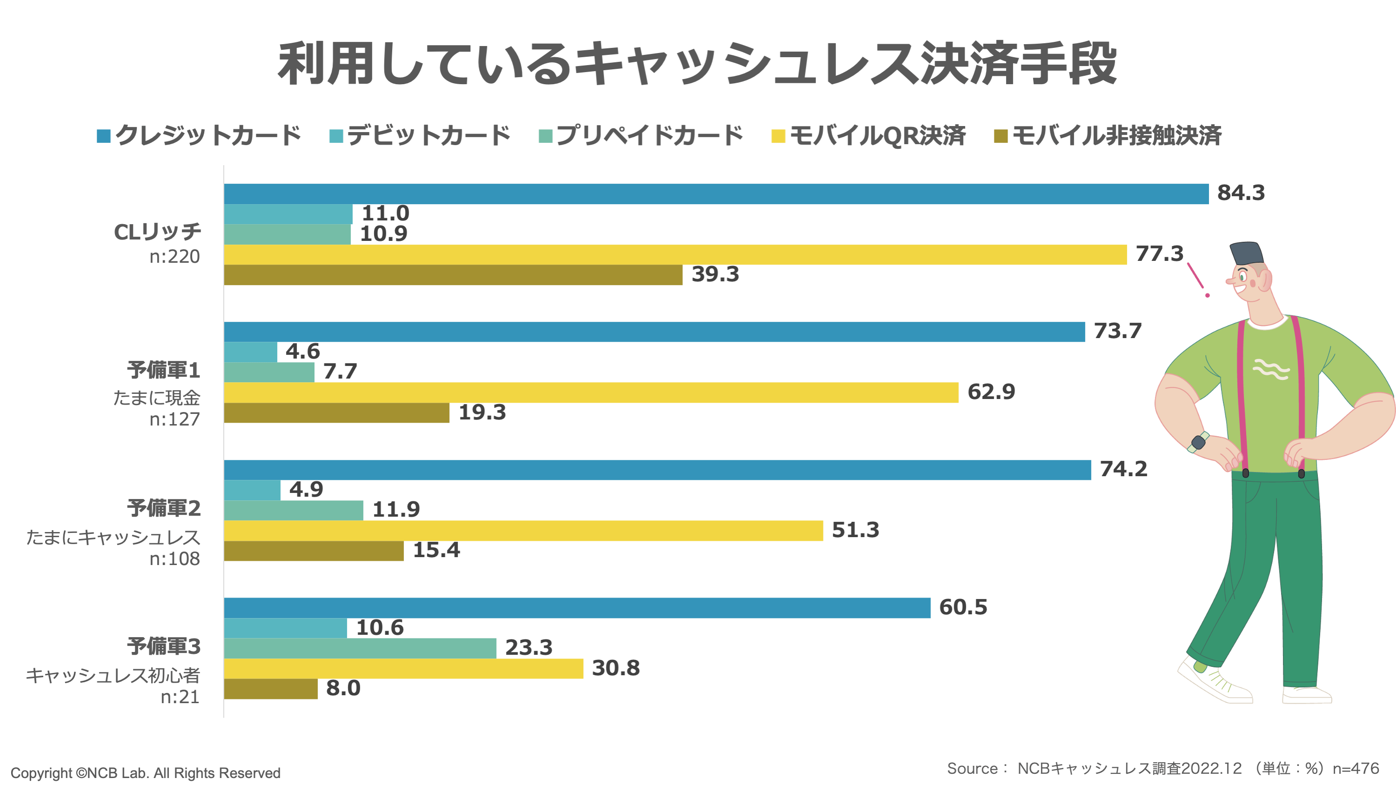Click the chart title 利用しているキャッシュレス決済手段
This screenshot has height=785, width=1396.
pos(697,64)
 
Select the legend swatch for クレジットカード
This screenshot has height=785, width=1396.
pos(104,136)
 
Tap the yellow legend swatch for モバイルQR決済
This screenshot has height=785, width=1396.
pos(778,136)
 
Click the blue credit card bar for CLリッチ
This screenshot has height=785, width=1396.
pos(715,194)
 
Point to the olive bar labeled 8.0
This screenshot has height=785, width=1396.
pos(270,689)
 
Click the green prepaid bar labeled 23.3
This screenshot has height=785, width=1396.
pos(360,648)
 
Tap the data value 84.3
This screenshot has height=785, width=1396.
pos(1241,193)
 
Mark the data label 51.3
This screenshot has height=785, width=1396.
pos(855,530)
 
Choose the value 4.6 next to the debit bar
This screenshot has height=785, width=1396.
pos(302,352)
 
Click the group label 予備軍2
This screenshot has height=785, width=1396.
pos(164,508)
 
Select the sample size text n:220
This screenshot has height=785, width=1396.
pos(174,256)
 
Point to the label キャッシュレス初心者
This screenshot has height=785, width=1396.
pos(113,676)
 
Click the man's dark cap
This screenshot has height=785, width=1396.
pos(1246,253)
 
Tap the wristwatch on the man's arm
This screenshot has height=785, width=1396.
pos(1198,442)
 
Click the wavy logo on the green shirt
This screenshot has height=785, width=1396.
pos(1270,369)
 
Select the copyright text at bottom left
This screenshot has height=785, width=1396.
pos(145,772)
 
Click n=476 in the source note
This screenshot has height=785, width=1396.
pos(1356,768)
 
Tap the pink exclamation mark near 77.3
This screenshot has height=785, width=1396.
pos(1197,279)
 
